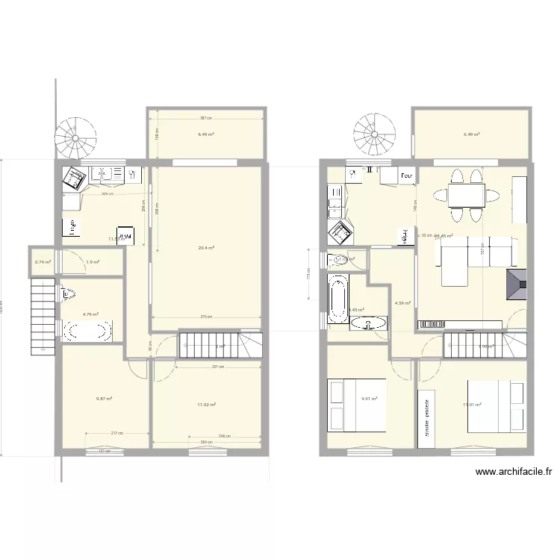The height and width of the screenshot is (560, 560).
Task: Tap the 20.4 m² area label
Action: click(207, 248)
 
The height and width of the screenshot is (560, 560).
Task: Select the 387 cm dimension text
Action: click(206, 118)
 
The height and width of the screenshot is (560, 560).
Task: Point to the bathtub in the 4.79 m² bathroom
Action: click(87, 330)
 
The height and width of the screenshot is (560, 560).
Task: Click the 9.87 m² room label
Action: click(104, 399)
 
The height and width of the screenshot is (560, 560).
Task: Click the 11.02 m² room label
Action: click(206, 405)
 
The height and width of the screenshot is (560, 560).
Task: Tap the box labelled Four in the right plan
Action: click(406, 176)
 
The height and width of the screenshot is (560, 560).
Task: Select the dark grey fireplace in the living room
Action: click(516, 285)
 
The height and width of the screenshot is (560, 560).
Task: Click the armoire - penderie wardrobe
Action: click(428, 418)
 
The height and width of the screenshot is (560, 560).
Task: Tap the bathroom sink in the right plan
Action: click(369, 323)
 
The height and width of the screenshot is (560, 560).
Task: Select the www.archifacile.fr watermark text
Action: click(514, 472)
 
